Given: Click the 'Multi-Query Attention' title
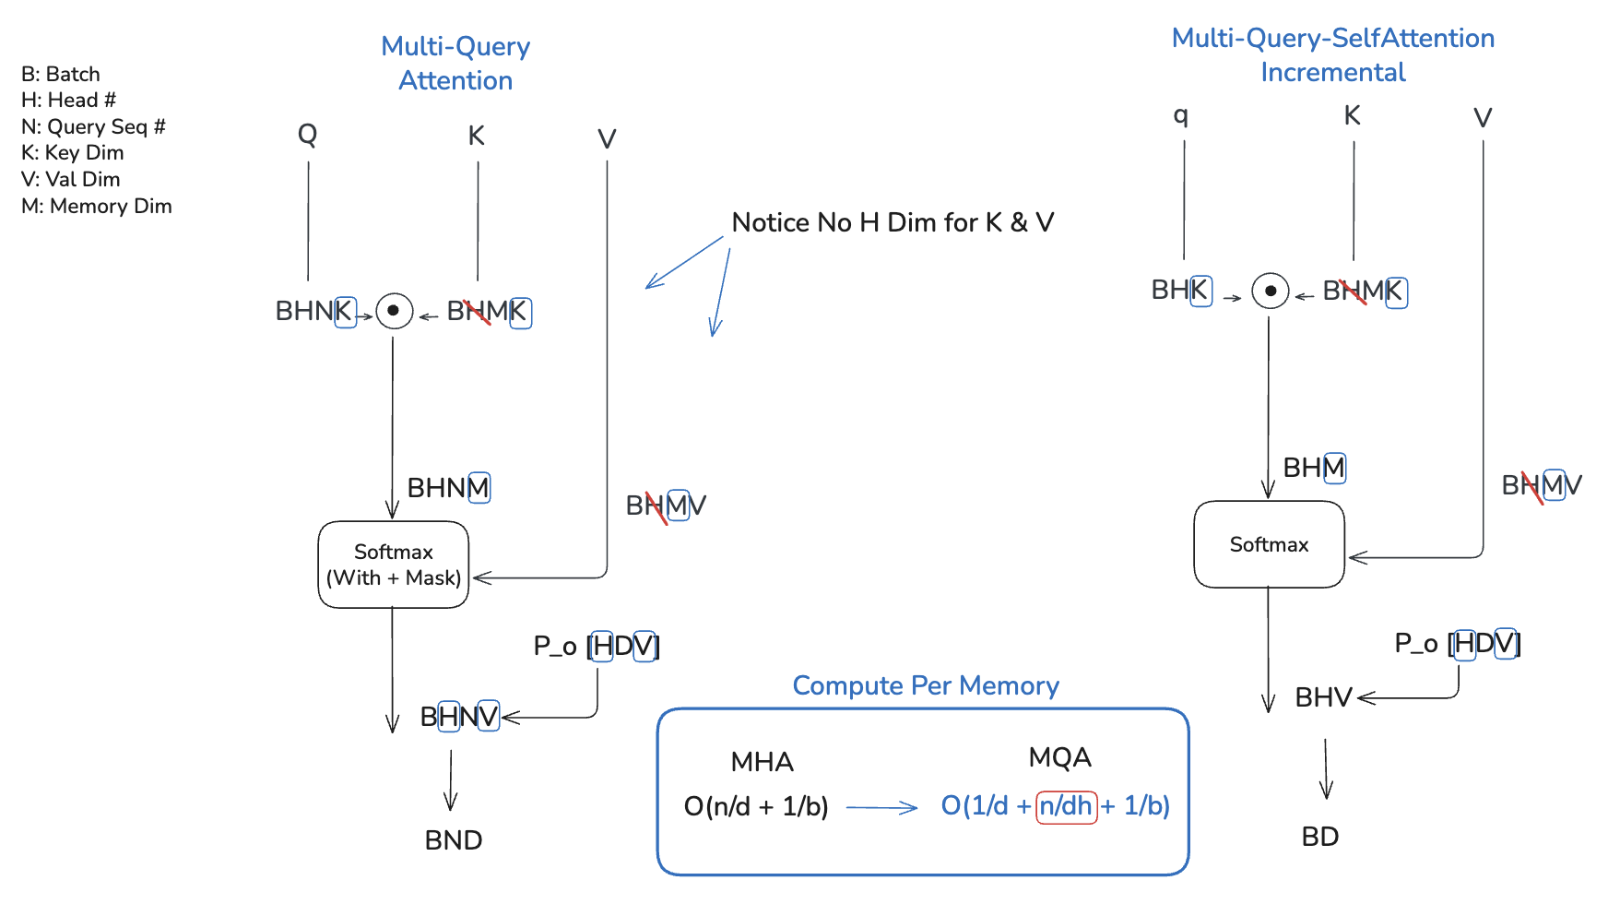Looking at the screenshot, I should coord(455,63).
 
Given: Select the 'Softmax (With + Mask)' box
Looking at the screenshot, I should coord(394,565).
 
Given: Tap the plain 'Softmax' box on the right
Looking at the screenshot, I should coord(1269,544).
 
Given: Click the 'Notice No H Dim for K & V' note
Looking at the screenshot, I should coord(892,222).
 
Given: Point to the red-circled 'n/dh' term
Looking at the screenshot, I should coord(1066,806).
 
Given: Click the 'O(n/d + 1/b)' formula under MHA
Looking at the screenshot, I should coord(756,807).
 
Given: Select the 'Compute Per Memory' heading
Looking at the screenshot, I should coord(925,685).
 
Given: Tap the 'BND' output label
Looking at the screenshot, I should coord(453,840).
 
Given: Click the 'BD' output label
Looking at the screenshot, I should coord(1319,837).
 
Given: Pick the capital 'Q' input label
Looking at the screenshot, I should coord(307,135).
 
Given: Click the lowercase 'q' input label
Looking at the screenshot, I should coord(1180,115).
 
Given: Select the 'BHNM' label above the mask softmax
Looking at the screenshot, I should coord(448,487).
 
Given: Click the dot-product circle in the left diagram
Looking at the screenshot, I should coord(394,311).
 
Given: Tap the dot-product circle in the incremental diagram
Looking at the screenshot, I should coord(1270,291).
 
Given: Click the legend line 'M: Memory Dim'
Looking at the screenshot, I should coord(97,206).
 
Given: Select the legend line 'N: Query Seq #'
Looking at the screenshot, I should coord(93,126).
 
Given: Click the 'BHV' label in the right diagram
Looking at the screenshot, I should coord(1323,697).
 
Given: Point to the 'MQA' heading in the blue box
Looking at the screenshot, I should coord(1059,758).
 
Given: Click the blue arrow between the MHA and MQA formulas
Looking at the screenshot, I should coord(881,808).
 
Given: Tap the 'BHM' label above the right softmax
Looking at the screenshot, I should coord(1314,468).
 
